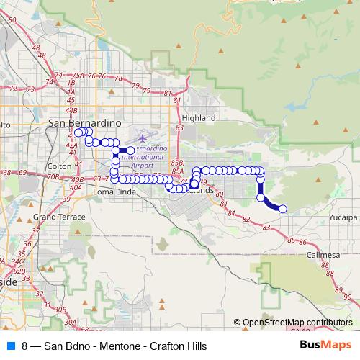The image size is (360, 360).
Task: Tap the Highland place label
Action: tap(199, 117)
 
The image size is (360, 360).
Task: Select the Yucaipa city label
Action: tap(343, 216)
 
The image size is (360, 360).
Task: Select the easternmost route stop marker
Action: tap(282, 209)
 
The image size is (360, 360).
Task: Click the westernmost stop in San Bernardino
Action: tap(78, 132)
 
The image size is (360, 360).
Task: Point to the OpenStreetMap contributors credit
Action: tap(294, 323)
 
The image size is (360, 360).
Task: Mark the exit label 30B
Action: tap(60, 310)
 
